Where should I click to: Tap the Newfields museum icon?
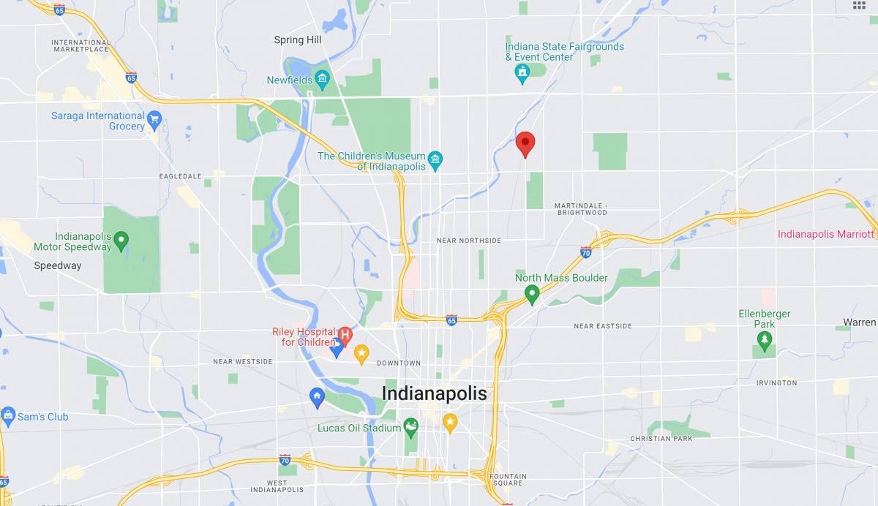point(322,80)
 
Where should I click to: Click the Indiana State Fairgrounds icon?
point(522,73)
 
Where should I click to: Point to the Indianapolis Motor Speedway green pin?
point(121,240)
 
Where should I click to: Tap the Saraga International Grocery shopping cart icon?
point(154,119)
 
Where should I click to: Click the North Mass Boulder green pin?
point(532,294)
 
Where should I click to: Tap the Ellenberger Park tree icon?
point(765,339)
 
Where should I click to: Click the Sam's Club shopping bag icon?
point(8,417)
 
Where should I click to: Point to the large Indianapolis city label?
point(434,393)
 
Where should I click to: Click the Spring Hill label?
point(299,40)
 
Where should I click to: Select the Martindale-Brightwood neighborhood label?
point(581,208)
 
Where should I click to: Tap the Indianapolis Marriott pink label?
point(826,234)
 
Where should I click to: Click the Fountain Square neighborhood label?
point(507,480)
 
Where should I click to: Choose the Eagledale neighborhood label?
point(180,176)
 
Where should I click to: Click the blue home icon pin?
point(317,397)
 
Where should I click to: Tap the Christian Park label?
point(661,439)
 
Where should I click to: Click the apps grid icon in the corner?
point(860,5)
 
